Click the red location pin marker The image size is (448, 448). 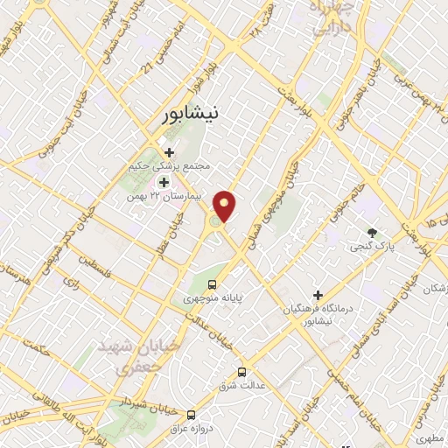[x=226, y=206]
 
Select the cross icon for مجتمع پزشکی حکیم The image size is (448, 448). [x=169, y=151]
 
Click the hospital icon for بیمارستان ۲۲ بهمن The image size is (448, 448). [x=163, y=182]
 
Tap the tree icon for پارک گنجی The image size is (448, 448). [x=374, y=233]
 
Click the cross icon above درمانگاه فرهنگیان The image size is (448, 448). [x=318, y=295]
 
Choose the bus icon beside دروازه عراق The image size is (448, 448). [x=192, y=415]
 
